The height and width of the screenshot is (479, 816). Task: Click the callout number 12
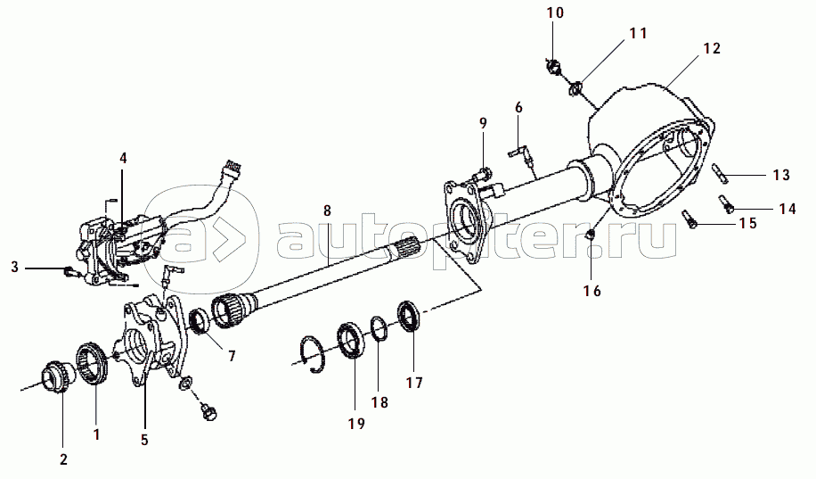coord(712,48)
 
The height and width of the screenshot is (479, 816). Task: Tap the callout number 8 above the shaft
coord(327,211)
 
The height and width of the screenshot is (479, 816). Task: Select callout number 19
coord(356,424)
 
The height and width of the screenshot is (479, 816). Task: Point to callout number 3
coord(14,268)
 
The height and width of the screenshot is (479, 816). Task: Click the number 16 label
coord(592,291)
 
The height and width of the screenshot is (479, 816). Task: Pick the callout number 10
coord(555,12)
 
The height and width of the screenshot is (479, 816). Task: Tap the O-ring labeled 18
coord(379,328)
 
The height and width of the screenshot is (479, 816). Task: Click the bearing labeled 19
coord(350,342)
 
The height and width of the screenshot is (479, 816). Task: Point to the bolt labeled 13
coord(720,173)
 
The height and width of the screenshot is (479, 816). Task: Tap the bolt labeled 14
coord(726,203)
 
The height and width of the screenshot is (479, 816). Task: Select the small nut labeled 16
coord(592,235)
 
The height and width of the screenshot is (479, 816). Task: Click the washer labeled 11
coord(575,89)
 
